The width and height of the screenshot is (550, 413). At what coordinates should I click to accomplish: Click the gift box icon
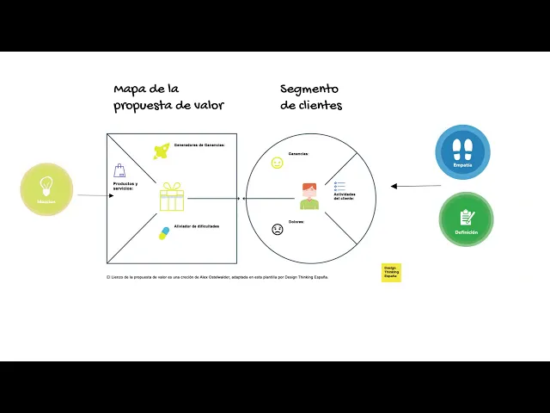[x=172, y=197]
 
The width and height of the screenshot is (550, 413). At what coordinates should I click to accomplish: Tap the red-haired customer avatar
[x=309, y=196]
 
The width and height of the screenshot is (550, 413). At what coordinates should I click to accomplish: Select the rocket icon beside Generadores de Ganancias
[x=161, y=151]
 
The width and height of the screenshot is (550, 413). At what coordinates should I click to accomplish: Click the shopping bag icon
[x=120, y=170]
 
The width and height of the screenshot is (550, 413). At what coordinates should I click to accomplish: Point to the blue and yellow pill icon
[x=164, y=232]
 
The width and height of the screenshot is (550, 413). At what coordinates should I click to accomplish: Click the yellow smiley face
[x=277, y=163]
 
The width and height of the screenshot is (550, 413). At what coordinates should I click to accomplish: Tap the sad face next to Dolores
[x=278, y=230]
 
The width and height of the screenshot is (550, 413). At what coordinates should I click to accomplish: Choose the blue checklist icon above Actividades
[x=340, y=186]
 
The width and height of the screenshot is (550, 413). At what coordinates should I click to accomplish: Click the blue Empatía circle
[x=462, y=151]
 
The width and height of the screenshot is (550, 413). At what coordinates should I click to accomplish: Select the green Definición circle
[x=467, y=219]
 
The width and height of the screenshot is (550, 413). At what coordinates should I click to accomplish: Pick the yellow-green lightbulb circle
[x=46, y=188]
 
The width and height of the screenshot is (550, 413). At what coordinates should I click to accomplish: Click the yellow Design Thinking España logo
[x=391, y=273]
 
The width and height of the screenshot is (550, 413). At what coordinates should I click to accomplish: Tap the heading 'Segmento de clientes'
[x=310, y=96]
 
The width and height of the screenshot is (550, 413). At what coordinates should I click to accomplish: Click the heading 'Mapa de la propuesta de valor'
[x=168, y=96]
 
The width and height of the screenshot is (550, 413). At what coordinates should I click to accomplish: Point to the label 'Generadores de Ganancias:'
[x=199, y=145]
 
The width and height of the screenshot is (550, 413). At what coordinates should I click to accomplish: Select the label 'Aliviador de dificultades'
[x=196, y=225]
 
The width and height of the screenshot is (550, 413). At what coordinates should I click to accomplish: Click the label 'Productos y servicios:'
[x=125, y=186]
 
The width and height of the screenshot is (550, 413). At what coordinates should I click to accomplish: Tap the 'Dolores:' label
[x=296, y=222]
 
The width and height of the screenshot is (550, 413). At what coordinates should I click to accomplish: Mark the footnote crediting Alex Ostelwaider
[x=217, y=277]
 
